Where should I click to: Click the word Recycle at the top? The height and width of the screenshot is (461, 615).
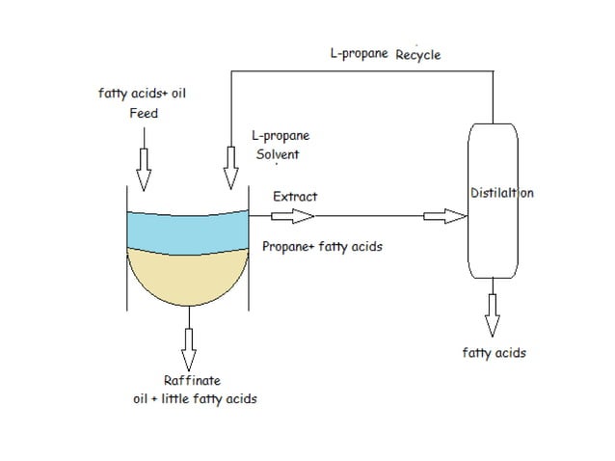tap(417, 55)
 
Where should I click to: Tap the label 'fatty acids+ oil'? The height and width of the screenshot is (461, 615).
tap(136, 94)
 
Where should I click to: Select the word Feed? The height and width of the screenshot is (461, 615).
tap(143, 113)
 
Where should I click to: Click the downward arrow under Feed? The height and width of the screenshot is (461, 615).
tap(144, 170)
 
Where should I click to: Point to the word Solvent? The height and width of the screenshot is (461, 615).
tap(278, 154)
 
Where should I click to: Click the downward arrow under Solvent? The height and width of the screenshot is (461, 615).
tap(231, 170)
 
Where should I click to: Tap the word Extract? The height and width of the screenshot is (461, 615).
tap(295, 197)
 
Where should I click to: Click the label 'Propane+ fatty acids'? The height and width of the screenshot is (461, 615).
tap(322, 246)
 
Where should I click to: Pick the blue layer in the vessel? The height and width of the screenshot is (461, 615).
tap(187, 229)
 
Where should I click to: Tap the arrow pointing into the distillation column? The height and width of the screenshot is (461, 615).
tap(444, 217)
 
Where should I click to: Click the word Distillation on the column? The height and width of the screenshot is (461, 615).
tap(501, 193)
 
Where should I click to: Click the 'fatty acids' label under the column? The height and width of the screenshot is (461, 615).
tap(494, 353)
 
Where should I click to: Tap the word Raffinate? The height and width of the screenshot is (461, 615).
tap(192, 380)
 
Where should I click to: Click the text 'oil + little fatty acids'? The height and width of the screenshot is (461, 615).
tap(195, 399)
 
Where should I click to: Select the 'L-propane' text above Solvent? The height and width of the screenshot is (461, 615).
tap(280, 137)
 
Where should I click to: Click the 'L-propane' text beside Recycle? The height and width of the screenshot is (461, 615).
tap(359, 54)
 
